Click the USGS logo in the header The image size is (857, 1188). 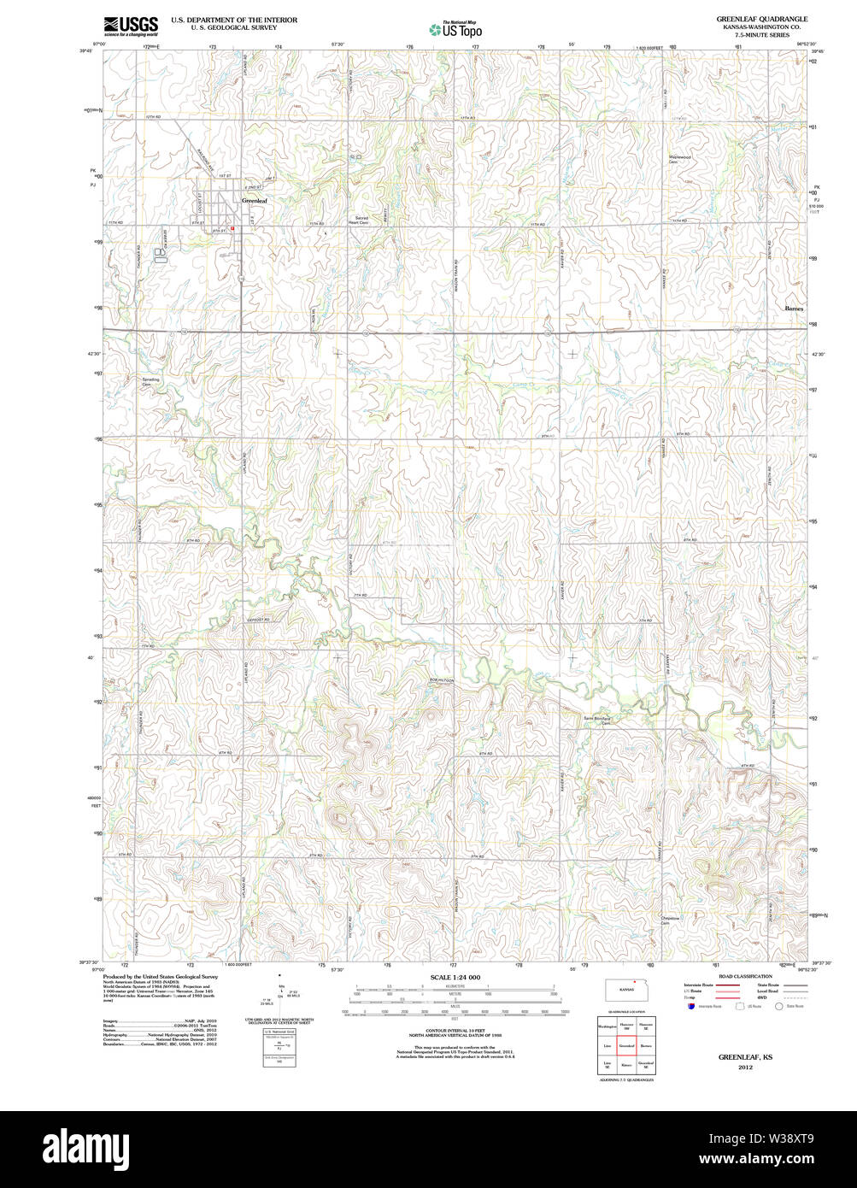pos(130,26)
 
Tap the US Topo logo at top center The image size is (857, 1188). pos(455,29)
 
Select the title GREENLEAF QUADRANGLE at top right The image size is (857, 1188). pos(762,19)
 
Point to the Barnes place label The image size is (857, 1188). pos(794,309)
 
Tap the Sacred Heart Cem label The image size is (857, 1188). pos(361,220)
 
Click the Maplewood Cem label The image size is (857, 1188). pos(679,160)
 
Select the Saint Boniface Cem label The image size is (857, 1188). pos(598,720)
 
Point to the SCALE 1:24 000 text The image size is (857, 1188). pos(455,978)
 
